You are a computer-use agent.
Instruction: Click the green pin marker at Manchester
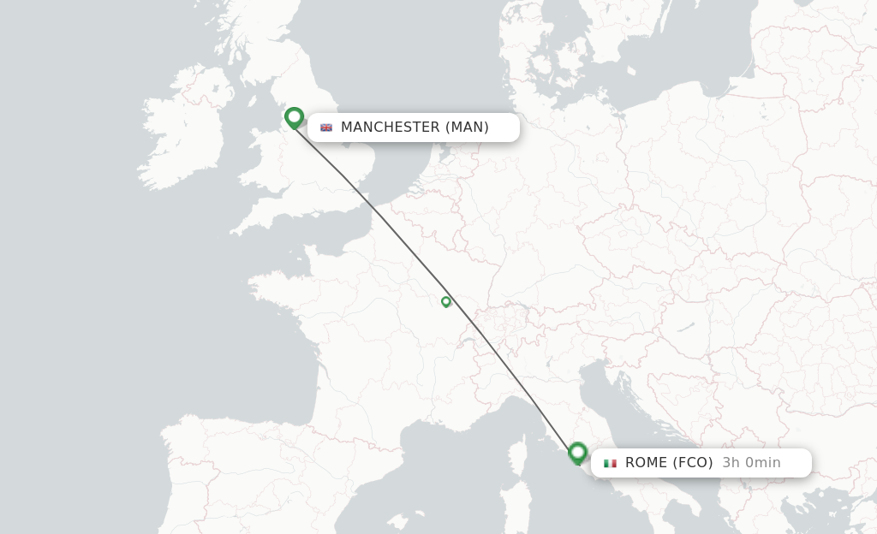(294, 117)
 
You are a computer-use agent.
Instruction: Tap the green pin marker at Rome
(577, 452)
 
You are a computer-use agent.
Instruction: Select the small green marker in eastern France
(445, 301)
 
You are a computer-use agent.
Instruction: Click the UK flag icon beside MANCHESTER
(326, 128)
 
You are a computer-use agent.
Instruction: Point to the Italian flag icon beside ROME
(610, 463)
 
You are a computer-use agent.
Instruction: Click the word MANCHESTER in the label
(390, 128)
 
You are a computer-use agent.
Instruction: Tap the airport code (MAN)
(467, 128)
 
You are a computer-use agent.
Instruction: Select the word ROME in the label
(645, 463)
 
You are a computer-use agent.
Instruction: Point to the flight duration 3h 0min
(751, 463)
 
